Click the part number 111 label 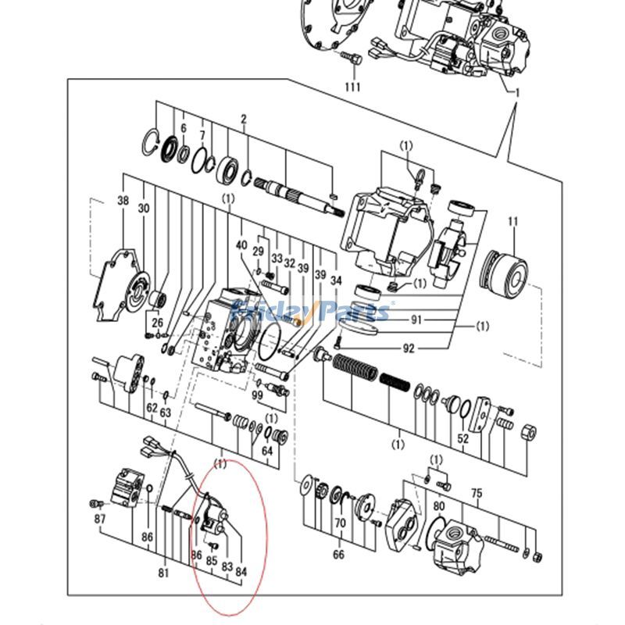(x=352, y=87)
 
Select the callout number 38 (x=123, y=201)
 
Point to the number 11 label (x=512, y=223)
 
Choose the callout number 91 (x=416, y=319)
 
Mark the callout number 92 (x=409, y=349)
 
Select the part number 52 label (x=463, y=439)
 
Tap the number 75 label (x=476, y=492)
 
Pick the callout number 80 (x=439, y=505)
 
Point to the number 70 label (x=340, y=523)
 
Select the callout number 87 (x=100, y=520)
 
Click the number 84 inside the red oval (x=241, y=572)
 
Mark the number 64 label (x=267, y=451)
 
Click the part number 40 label (x=241, y=245)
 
